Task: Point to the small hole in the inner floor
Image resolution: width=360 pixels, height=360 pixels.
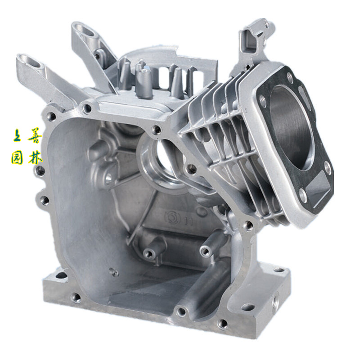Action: point(113,272)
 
